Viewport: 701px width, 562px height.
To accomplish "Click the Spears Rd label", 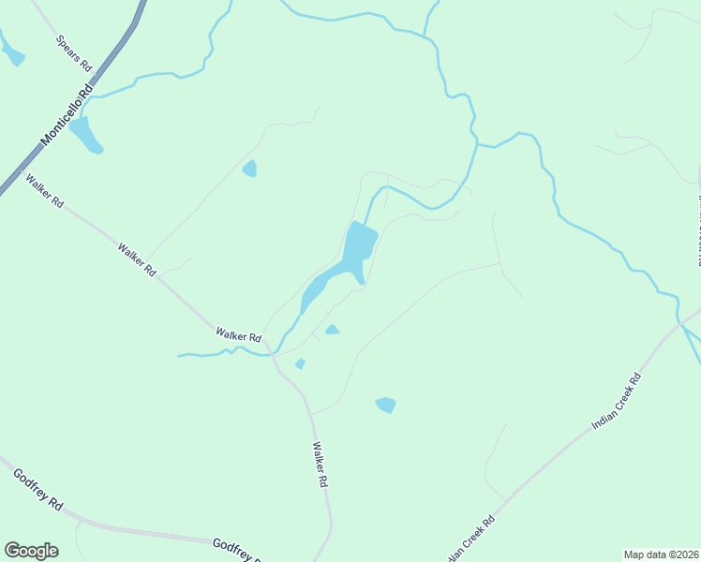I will click(x=74, y=53).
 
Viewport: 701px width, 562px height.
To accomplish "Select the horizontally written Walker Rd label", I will click(x=236, y=333).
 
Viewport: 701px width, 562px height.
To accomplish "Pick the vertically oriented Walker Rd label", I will click(x=320, y=464).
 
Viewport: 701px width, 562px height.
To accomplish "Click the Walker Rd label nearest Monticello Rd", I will click(x=44, y=190).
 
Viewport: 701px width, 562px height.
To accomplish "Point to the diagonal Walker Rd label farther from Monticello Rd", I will click(x=137, y=259).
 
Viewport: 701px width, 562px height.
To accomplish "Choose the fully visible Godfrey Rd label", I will click(x=37, y=489).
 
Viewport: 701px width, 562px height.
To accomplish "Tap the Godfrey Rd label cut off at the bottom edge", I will click(x=236, y=550).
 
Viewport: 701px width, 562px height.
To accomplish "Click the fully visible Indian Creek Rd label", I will click(x=616, y=401).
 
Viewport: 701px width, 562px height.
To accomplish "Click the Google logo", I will click(x=31, y=551).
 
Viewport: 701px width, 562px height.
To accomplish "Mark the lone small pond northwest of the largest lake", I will click(x=249, y=169).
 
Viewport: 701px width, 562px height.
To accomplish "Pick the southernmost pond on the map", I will click(x=385, y=405).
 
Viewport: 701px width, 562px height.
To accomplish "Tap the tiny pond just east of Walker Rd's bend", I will click(x=300, y=363).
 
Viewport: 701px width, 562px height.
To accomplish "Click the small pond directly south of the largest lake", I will click(x=332, y=329).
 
